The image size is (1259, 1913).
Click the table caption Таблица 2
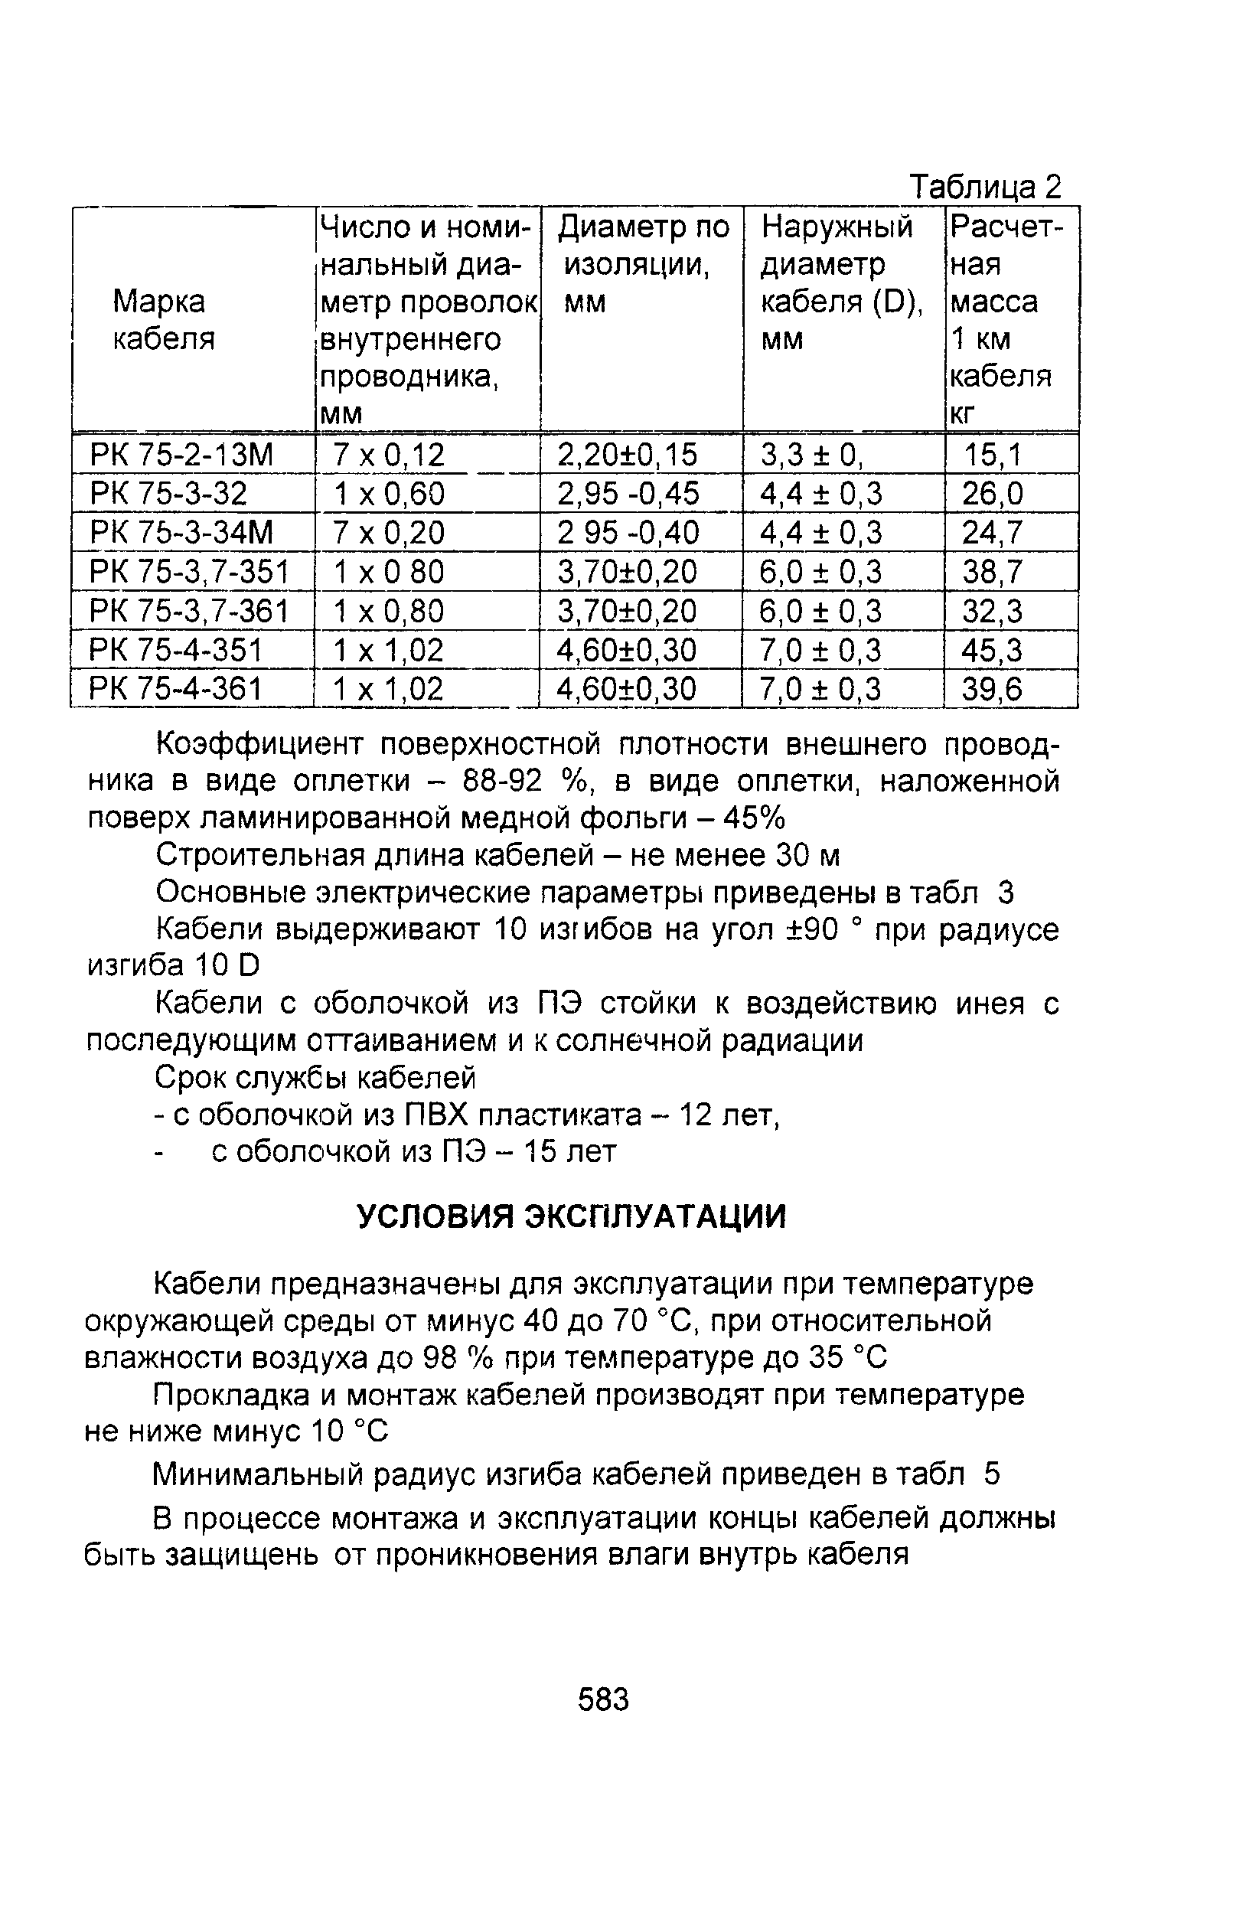click(984, 187)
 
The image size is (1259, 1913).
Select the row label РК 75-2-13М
click(181, 455)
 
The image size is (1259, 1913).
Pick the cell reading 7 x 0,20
click(389, 532)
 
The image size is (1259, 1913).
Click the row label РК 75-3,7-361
click(189, 611)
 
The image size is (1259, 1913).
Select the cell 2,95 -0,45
click(628, 494)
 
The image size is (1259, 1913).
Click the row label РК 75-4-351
click(176, 649)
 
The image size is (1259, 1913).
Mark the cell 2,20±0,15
click(628, 455)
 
